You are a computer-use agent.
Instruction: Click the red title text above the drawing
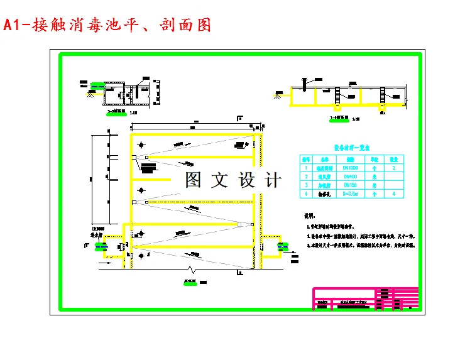[107, 25]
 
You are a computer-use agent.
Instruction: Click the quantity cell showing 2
[394, 168]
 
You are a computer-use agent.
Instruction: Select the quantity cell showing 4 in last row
[394, 194]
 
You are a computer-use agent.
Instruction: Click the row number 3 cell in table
[306, 185]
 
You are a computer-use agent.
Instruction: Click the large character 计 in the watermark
[273, 180]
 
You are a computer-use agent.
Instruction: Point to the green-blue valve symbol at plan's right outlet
[277, 247]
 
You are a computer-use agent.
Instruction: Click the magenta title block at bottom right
[364, 298]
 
